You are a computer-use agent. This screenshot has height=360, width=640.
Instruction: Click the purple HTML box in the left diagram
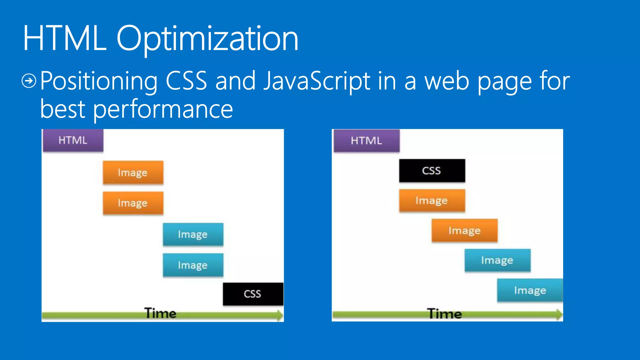[73, 140]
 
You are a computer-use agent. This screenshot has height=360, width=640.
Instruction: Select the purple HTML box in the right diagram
[366, 141]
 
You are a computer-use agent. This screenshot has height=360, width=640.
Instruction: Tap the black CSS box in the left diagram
[253, 294]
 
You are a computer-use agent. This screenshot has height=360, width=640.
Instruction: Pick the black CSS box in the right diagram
[432, 171]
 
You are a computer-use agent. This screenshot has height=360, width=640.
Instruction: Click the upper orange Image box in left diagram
[133, 172]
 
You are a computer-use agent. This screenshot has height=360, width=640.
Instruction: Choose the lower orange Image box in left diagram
[133, 203]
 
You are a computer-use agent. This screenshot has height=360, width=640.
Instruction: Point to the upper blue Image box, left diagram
[193, 234]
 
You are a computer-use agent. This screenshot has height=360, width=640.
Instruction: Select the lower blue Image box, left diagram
[193, 265]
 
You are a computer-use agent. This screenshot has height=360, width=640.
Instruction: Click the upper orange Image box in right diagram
[432, 201]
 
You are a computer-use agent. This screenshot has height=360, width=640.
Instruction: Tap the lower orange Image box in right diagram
[464, 231]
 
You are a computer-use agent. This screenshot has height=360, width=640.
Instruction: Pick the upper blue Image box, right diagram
[497, 260]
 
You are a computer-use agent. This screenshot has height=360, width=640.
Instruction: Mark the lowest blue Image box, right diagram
[530, 290]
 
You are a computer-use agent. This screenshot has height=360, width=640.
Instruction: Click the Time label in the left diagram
[160, 313]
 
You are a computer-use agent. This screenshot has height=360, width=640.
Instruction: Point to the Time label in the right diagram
[444, 313]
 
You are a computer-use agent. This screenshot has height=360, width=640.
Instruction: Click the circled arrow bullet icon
[29, 81]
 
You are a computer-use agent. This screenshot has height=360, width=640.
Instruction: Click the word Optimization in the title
[207, 39]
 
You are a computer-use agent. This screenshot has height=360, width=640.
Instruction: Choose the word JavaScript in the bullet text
[317, 81]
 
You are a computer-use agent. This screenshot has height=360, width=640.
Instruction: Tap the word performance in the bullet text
[163, 109]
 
